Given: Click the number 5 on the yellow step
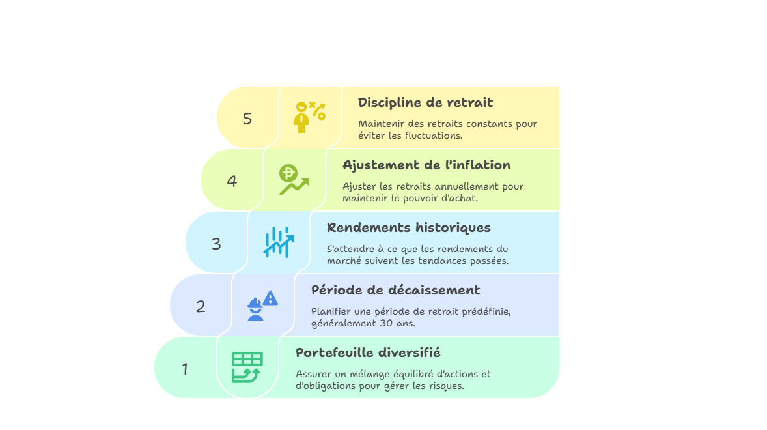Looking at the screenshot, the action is pyautogui.click(x=247, y=119).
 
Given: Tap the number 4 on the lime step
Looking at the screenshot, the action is pyautogui.click(x=232, y=182).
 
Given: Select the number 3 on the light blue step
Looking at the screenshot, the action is pyautogui.click(x=216, y=244).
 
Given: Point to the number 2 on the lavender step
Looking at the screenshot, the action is pyautogui.click(x=201, y=306).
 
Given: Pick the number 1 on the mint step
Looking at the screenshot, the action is pyautogui.click(x=185, y=369).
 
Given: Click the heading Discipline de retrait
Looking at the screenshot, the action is pyautogui.click(x=426, y=103).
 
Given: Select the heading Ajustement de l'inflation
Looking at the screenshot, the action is pyautogui.click(x=426, y=165).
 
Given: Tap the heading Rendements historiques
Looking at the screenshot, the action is pyautogui.click(x=409, y=228).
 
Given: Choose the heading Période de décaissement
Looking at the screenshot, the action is pyautogui.click(x=396, y=290).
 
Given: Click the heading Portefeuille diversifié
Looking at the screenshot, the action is pyautogui.click(x=369, y=352).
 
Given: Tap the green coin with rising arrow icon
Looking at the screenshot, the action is pyautogui.click(x=294, y=180).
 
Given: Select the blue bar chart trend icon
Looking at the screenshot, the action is pyautogui.click(x=279, y=242).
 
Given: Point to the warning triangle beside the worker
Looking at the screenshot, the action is pyautogui.click(x=270, y=298).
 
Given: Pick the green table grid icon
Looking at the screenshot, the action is pyautogui.click(x=247, y=367).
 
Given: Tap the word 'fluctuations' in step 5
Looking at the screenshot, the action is pyautogui.click(x=432, y=136).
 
